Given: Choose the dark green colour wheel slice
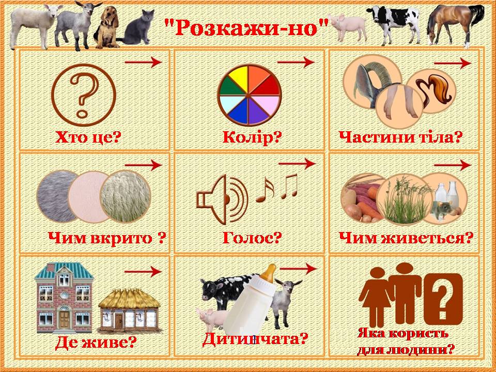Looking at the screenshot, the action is tap(232, 87).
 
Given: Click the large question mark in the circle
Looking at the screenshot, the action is tap(84, 94).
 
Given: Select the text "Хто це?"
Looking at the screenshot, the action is tap(88, 137).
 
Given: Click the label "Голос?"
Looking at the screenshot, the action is tap(252, 238).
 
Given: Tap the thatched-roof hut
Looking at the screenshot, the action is tap(130, 310).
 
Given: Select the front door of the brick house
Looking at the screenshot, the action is tap(64, 319).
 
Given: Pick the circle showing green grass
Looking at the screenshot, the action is tap(404, 199).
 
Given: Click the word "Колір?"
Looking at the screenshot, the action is tap(252, 137).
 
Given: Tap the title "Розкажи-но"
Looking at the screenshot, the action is tap(246, 27).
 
